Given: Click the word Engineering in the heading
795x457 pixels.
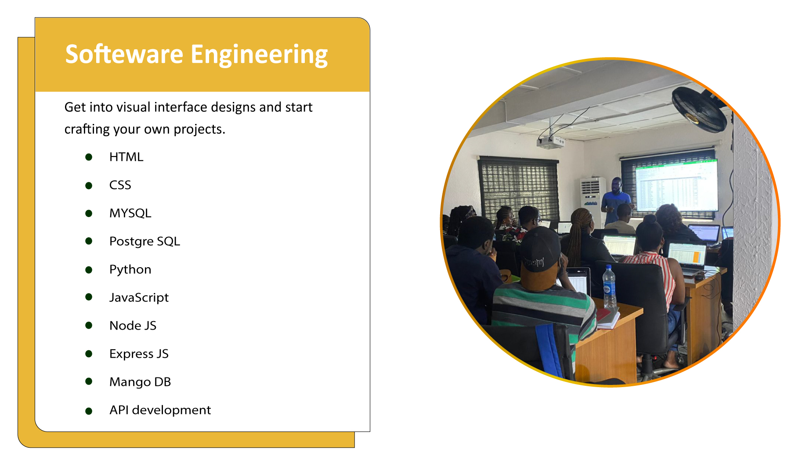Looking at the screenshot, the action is [259, 55].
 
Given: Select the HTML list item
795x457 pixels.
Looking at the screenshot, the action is [126, 157].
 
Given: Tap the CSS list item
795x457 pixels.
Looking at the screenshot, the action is [120, 185].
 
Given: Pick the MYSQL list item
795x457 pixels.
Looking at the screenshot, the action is [130, 213].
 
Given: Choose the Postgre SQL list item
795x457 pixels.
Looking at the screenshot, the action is [145, 242].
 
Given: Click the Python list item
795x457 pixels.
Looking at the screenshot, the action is [130, 270].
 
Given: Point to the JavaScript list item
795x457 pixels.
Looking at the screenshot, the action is [139, 298].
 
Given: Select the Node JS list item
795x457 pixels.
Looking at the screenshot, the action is [133, 326].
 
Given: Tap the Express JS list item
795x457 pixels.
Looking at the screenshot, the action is [139, 354].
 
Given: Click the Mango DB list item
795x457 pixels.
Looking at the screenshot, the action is [140, 382].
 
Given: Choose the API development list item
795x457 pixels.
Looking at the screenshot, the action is [160, 410].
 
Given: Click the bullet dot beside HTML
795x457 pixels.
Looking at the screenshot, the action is [89, 157].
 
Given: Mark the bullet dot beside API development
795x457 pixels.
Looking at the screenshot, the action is [89, 411].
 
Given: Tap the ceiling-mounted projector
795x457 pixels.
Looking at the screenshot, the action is [550, 141].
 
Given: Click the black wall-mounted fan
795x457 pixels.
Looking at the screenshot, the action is [699, 109].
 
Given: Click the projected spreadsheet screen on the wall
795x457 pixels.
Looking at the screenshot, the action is [676, 185].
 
